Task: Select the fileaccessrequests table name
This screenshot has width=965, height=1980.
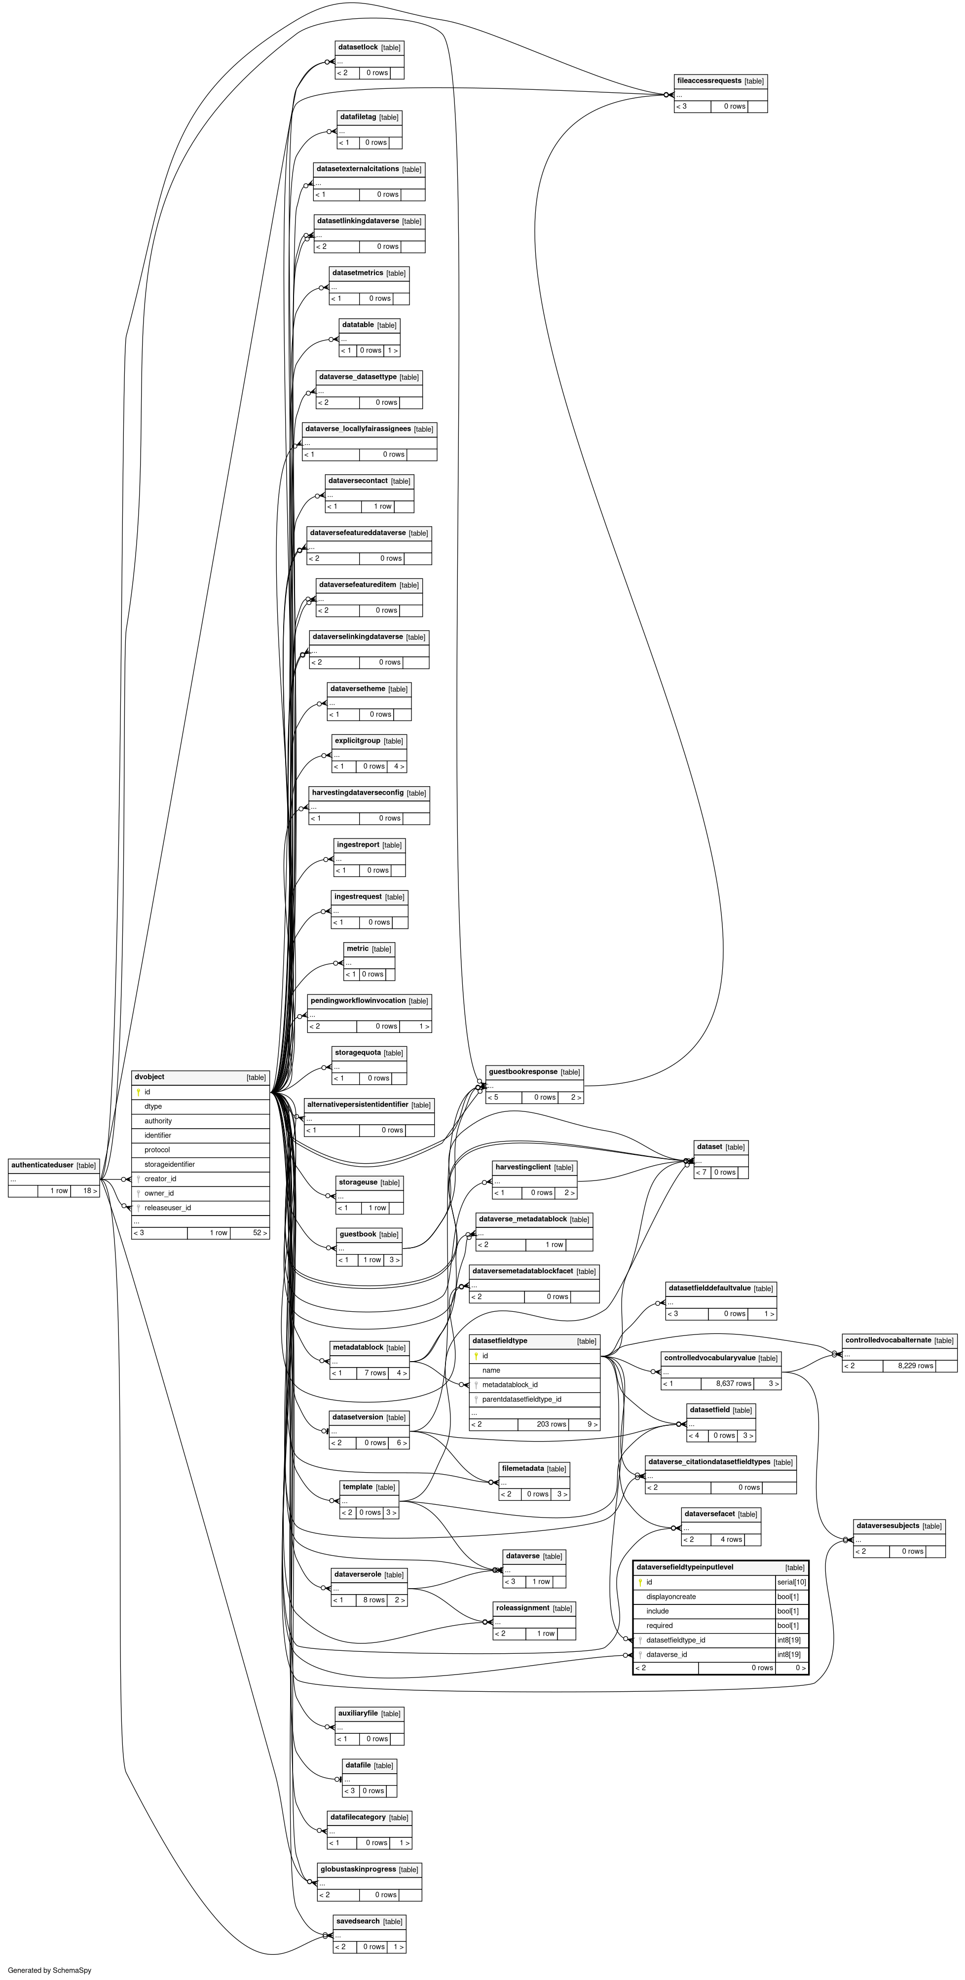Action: pyautogui.click(x=709, y=81)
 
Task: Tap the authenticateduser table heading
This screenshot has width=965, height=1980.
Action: pyautogui.click(x=42, y=1165)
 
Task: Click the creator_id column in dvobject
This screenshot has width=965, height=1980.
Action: pyautogui.click(x=160, y=1179)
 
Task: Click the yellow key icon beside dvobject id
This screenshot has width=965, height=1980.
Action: pyautogui.click(x=138, y=1092)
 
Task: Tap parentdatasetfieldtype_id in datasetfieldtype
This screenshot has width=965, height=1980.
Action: pyautogui.click(x=521, y=1400)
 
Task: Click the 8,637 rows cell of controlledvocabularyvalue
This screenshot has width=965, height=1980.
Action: pyautogui.click(x=734, y=1383)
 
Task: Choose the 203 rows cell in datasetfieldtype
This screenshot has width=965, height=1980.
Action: pyautogui.click(x=552, y=1424)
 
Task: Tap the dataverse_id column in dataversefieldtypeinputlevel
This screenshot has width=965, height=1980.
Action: pyautogui.click(x=666, y=1655)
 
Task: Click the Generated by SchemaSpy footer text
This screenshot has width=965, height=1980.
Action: pyautogui.click(x=49, y=1971)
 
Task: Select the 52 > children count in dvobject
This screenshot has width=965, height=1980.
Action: pyautogui.click(x=260, y=1233)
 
